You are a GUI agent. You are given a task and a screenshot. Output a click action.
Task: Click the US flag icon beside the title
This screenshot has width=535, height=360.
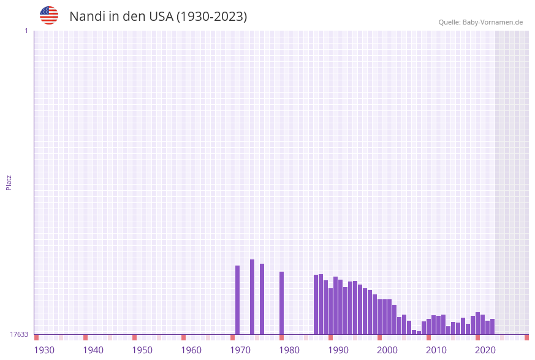tap(49, 15)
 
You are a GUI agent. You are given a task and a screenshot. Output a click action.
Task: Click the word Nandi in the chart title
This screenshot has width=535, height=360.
tap(88, 17)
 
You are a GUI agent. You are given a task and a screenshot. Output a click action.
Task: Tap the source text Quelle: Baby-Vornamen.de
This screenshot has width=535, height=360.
tap(480, 22)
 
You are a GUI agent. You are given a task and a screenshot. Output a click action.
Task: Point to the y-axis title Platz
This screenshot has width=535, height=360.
tap(9, 182)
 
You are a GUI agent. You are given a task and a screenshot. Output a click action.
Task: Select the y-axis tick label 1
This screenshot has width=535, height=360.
tap(26, 31)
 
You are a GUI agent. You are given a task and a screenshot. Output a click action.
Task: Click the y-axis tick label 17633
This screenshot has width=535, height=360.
tap(18, 334)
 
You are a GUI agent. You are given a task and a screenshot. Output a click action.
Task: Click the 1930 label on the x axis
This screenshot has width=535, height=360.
tap(44, 350)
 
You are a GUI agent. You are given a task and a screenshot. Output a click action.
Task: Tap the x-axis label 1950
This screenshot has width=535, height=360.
tap(142, 350)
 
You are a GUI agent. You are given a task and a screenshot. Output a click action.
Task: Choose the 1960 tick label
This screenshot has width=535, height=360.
tap(191, 350)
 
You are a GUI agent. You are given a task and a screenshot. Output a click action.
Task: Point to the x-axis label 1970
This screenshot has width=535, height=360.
tap(240, 350)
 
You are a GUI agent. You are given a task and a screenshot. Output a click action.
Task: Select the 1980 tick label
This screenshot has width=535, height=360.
tap(289, 350)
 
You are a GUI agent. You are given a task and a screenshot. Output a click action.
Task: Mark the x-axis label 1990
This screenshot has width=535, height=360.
tap(338, 350)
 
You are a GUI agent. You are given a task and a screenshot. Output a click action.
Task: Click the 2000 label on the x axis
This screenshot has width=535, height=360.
tap(387, 350)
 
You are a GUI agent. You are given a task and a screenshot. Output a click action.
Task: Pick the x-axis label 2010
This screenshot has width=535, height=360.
tap(436, 350)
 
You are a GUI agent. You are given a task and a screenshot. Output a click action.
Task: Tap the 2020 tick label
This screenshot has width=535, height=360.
tap(485, 350)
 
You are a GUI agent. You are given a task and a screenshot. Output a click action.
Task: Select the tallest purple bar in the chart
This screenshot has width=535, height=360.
tap(252, 297)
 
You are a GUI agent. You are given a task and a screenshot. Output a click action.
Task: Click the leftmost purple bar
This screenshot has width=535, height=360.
tap(238, 300)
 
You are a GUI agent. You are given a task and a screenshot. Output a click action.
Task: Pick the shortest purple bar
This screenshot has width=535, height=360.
tap(419, 332)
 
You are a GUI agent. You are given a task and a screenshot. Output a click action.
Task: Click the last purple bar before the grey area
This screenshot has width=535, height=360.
tap(492, 326)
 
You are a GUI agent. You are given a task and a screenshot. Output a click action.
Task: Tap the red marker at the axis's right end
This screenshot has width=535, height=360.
tap(526, 337)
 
